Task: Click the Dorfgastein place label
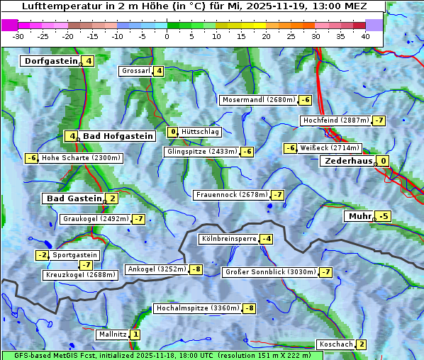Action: pyautogui.click(x=50, y=61)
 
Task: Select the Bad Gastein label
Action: pyautogui.click(x=74, y=198)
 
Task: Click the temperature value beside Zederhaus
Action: pyautogui.click(x=384, y=161)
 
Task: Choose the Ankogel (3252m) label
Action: pyautogui.click(x=156, y=269)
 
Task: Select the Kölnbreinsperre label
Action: pyautogui.click(x=228, y=239)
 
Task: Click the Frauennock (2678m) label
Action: pyautogui.click(x=231, y=195)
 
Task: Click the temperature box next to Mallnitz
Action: pyautogui.click(x=135, y=334)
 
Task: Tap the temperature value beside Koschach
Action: pyautogui.click(x=362, y=344)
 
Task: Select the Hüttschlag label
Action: pyautogui.click(x=201, y=132)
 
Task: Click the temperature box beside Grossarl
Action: pyautogui.click(x=160, y=71)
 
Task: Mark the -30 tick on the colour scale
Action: pyautogui.click(x=19, y=36)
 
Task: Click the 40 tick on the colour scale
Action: pyautogui.click(x=365, y=36)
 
